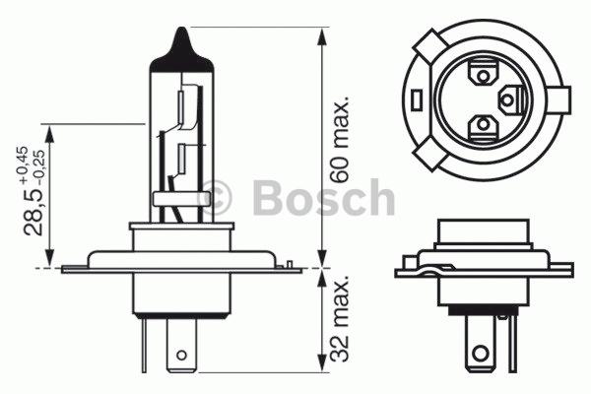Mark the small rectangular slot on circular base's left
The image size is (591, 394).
419,98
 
